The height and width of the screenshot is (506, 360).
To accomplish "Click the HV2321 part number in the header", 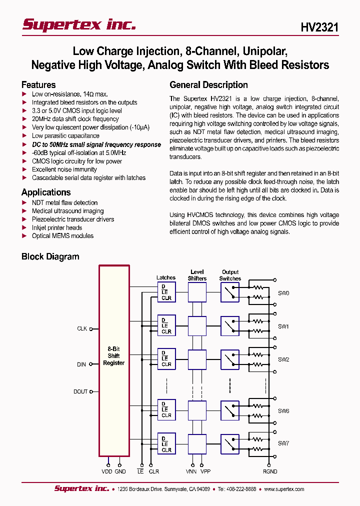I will pyautogui.click(x=319, y=27).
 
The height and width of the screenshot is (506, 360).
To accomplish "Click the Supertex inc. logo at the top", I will pyautogui.click(x=79, y=24).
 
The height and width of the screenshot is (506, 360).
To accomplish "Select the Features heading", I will pyautogui.click(x=38, y=85).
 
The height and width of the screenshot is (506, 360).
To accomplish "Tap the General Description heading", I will pyautogui.click(x=208, y=85).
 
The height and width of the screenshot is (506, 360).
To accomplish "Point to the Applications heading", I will pyautogui.click(x=46, y=192).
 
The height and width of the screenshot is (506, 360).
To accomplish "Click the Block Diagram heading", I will pyautogui.click(x=50, y=257).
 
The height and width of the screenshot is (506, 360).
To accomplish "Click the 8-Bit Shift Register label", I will pyautogui.click(x=113, y=356).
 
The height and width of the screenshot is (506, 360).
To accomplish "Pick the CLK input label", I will pyautogui.click(x=82, y=329).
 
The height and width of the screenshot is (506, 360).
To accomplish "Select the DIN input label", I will pyautogui.click(x=81, y=364).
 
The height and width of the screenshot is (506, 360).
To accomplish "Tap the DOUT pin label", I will pyautogui.click(x=80, y=392).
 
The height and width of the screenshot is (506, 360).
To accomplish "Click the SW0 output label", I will pyautogui.click(x=283, y=293).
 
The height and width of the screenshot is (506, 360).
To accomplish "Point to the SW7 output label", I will pyautogui.click(x=283, y=443).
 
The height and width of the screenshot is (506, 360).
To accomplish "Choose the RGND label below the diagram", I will pyautogui.click(x=270, y=471).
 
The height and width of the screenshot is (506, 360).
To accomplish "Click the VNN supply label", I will pyautogui.click(x=191, y=471).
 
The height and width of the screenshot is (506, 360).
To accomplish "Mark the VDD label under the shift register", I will pyautogui.click(x=107, y=471).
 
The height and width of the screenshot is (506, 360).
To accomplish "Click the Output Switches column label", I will pyautogui.click(x=230, y=275).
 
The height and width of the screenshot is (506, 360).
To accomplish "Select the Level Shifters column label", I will pyautogui.click(x=197, y=275).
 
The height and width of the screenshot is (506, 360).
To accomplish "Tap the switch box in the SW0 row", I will pyautogui.click(x=230, y=292).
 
